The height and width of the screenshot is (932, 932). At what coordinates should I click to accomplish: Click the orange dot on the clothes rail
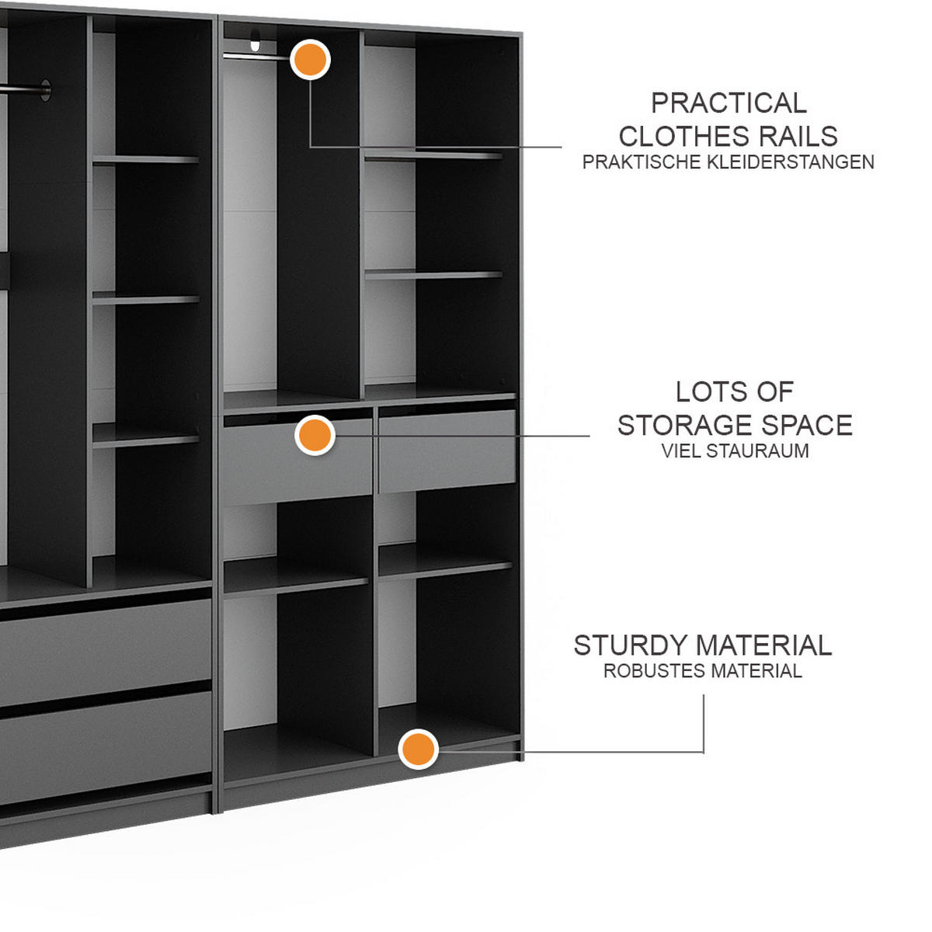click(310, 60)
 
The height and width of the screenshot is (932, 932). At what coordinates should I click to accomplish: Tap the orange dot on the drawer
click(315, 435)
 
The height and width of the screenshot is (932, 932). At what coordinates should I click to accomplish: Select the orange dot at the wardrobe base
click(419, 749)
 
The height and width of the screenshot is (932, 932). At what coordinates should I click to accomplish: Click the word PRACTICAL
click(729, 103)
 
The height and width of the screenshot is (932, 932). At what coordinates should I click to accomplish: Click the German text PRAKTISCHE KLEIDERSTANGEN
click(728, 162)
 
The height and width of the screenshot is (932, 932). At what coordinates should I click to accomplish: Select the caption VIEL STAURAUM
click(735, 450)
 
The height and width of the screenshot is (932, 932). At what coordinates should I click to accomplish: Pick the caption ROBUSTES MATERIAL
click(703, 671)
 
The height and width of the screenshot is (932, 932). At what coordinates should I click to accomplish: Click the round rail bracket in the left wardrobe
click(46, 90)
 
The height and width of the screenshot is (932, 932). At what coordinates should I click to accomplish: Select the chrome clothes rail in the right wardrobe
click(249, 57)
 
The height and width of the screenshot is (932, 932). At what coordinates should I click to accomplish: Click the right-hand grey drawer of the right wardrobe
click(447, 452)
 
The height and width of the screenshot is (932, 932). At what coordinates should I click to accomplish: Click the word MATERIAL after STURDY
click(763, 645)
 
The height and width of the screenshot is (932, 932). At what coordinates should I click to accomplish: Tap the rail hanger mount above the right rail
click(256, 40)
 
